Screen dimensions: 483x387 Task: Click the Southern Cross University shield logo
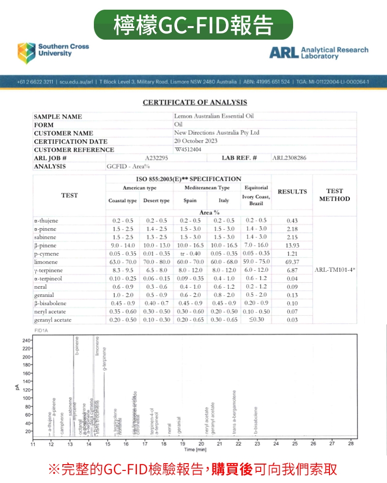27,53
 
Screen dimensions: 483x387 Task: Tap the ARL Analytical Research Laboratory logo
318,53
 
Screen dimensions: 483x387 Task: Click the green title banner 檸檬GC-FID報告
193,25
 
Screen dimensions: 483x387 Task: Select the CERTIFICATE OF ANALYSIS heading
194,102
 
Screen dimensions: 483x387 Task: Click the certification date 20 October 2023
195,141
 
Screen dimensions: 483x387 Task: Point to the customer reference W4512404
188,149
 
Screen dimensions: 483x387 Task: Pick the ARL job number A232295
156,158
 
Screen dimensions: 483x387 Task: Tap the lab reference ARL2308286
289,158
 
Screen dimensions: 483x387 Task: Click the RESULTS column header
292,191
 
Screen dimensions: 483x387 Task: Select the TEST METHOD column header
335,195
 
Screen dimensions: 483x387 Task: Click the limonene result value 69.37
292,262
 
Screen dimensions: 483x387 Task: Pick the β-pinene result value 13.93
292,245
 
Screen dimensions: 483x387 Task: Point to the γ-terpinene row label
48,270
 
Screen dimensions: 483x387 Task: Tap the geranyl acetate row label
53,320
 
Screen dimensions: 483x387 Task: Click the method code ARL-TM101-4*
335,270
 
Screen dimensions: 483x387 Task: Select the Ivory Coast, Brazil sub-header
256,200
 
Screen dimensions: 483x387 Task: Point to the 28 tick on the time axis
351,443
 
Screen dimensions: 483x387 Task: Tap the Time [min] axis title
195,450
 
